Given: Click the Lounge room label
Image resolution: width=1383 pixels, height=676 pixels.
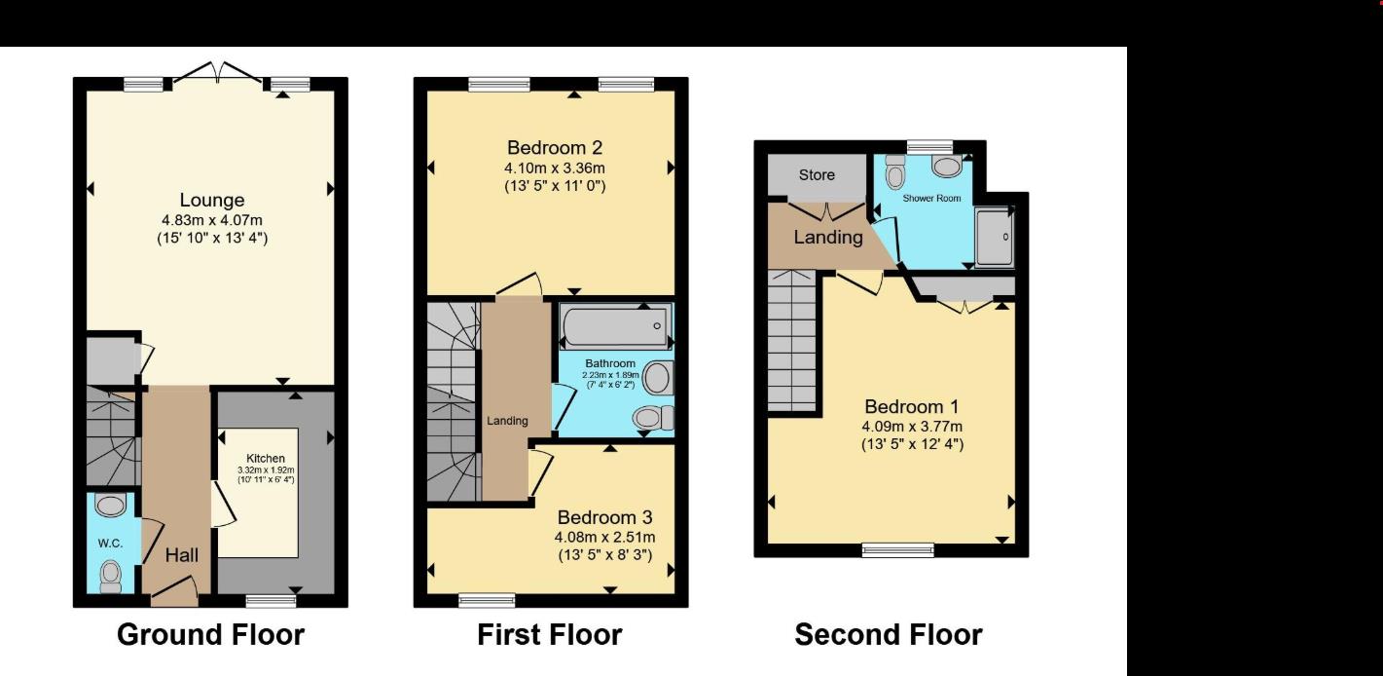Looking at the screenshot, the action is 212,201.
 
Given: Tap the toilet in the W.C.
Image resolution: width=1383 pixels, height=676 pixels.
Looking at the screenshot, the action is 111,576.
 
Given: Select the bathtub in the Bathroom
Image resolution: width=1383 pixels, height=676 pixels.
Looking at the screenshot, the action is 615,325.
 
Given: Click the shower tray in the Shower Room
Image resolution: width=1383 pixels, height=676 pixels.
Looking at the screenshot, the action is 994,237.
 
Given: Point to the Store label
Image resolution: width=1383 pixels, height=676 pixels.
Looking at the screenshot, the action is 817,175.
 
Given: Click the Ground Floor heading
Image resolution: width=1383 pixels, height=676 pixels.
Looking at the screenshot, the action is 210,634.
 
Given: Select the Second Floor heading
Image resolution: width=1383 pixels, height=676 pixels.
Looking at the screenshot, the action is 889,634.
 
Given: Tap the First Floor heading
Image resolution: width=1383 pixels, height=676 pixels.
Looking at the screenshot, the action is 550,634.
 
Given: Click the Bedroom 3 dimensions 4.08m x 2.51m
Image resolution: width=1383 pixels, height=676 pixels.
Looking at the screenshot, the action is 605,538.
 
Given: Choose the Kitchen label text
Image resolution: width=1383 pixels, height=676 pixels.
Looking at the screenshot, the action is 266,459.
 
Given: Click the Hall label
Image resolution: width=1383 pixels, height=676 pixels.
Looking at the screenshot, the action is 182,555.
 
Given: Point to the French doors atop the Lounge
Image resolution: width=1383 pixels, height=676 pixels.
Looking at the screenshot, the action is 217,72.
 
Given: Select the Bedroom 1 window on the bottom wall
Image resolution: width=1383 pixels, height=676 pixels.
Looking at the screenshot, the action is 898,550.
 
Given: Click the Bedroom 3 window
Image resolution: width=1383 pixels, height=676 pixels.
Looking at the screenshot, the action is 488,600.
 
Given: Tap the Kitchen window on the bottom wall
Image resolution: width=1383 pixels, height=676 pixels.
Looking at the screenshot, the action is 271,600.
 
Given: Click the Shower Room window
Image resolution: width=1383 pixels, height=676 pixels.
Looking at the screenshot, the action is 929,146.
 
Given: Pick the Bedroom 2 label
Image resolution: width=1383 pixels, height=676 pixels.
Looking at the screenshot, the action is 555,148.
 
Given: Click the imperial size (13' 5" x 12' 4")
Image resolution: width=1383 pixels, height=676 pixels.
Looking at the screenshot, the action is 912,444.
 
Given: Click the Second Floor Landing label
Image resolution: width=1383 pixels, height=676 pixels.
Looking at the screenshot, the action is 828,238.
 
